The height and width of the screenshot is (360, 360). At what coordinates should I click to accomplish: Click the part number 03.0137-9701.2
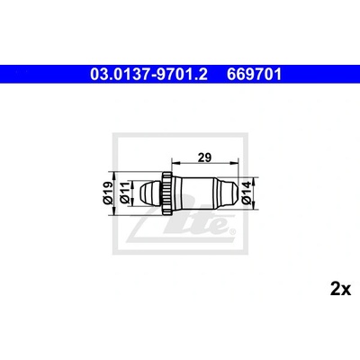tap(148, 75)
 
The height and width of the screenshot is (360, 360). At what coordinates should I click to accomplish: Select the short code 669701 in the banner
tap(254, 75)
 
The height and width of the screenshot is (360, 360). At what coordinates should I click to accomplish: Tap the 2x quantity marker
tap(340, 289)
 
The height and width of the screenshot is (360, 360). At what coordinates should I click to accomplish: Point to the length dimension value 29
tap(205, 157)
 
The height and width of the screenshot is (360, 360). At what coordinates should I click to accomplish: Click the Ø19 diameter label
tap(108, 193)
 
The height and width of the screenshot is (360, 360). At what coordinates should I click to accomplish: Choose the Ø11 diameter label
tap(124, 193)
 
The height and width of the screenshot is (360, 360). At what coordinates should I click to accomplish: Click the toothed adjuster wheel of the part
tap(167, 193)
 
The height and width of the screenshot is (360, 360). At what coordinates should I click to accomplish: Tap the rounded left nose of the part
tap(151, 193)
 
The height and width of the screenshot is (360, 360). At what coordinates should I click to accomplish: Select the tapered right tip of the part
tap(228, 193)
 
